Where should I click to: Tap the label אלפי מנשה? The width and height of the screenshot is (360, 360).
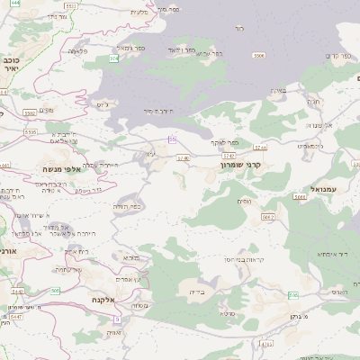pos(57,168)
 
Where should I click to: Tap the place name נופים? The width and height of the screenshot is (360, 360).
pos(243,202)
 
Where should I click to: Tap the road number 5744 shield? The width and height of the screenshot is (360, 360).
pos(261,147)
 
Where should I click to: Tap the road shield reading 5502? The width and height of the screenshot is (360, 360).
pos(30,112)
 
